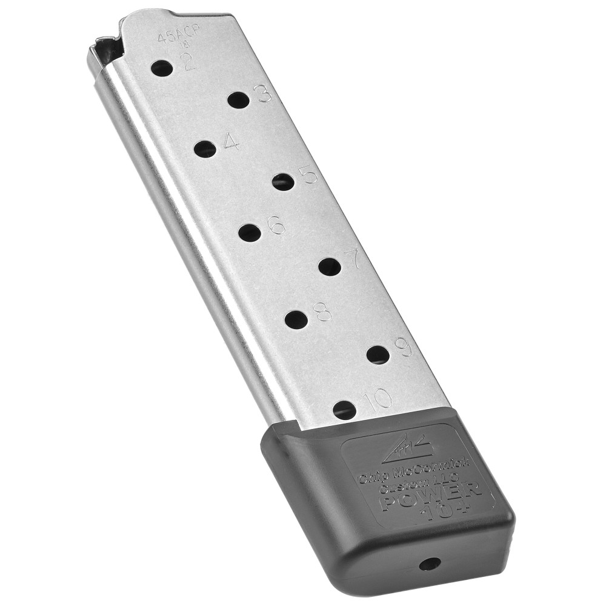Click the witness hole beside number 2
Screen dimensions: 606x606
tap(162, 68)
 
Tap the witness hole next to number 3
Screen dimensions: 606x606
tap(238, 101)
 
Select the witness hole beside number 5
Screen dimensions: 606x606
tap(283, 181)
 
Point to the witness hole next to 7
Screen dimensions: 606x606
tap(329, 266)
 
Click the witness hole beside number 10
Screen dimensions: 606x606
tap(345, 410)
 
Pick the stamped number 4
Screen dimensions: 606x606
tap(231, 141)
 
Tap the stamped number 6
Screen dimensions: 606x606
tap(276, 225)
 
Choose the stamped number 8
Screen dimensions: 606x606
tap(322, 311)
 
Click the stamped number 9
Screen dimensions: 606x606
tap(403, 347)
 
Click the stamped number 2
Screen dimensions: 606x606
tap(188, 62)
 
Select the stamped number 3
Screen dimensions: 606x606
tap(263, 94)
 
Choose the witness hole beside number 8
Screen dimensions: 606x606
tap(296, 320)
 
